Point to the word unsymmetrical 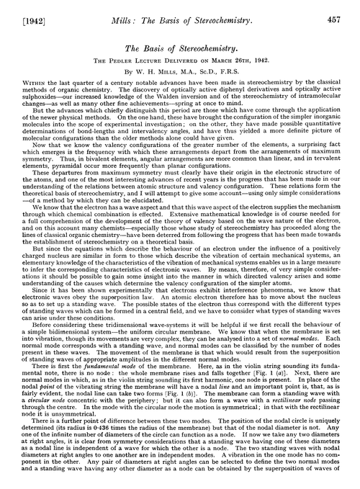pyautogui.click(x=54, y=418)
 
